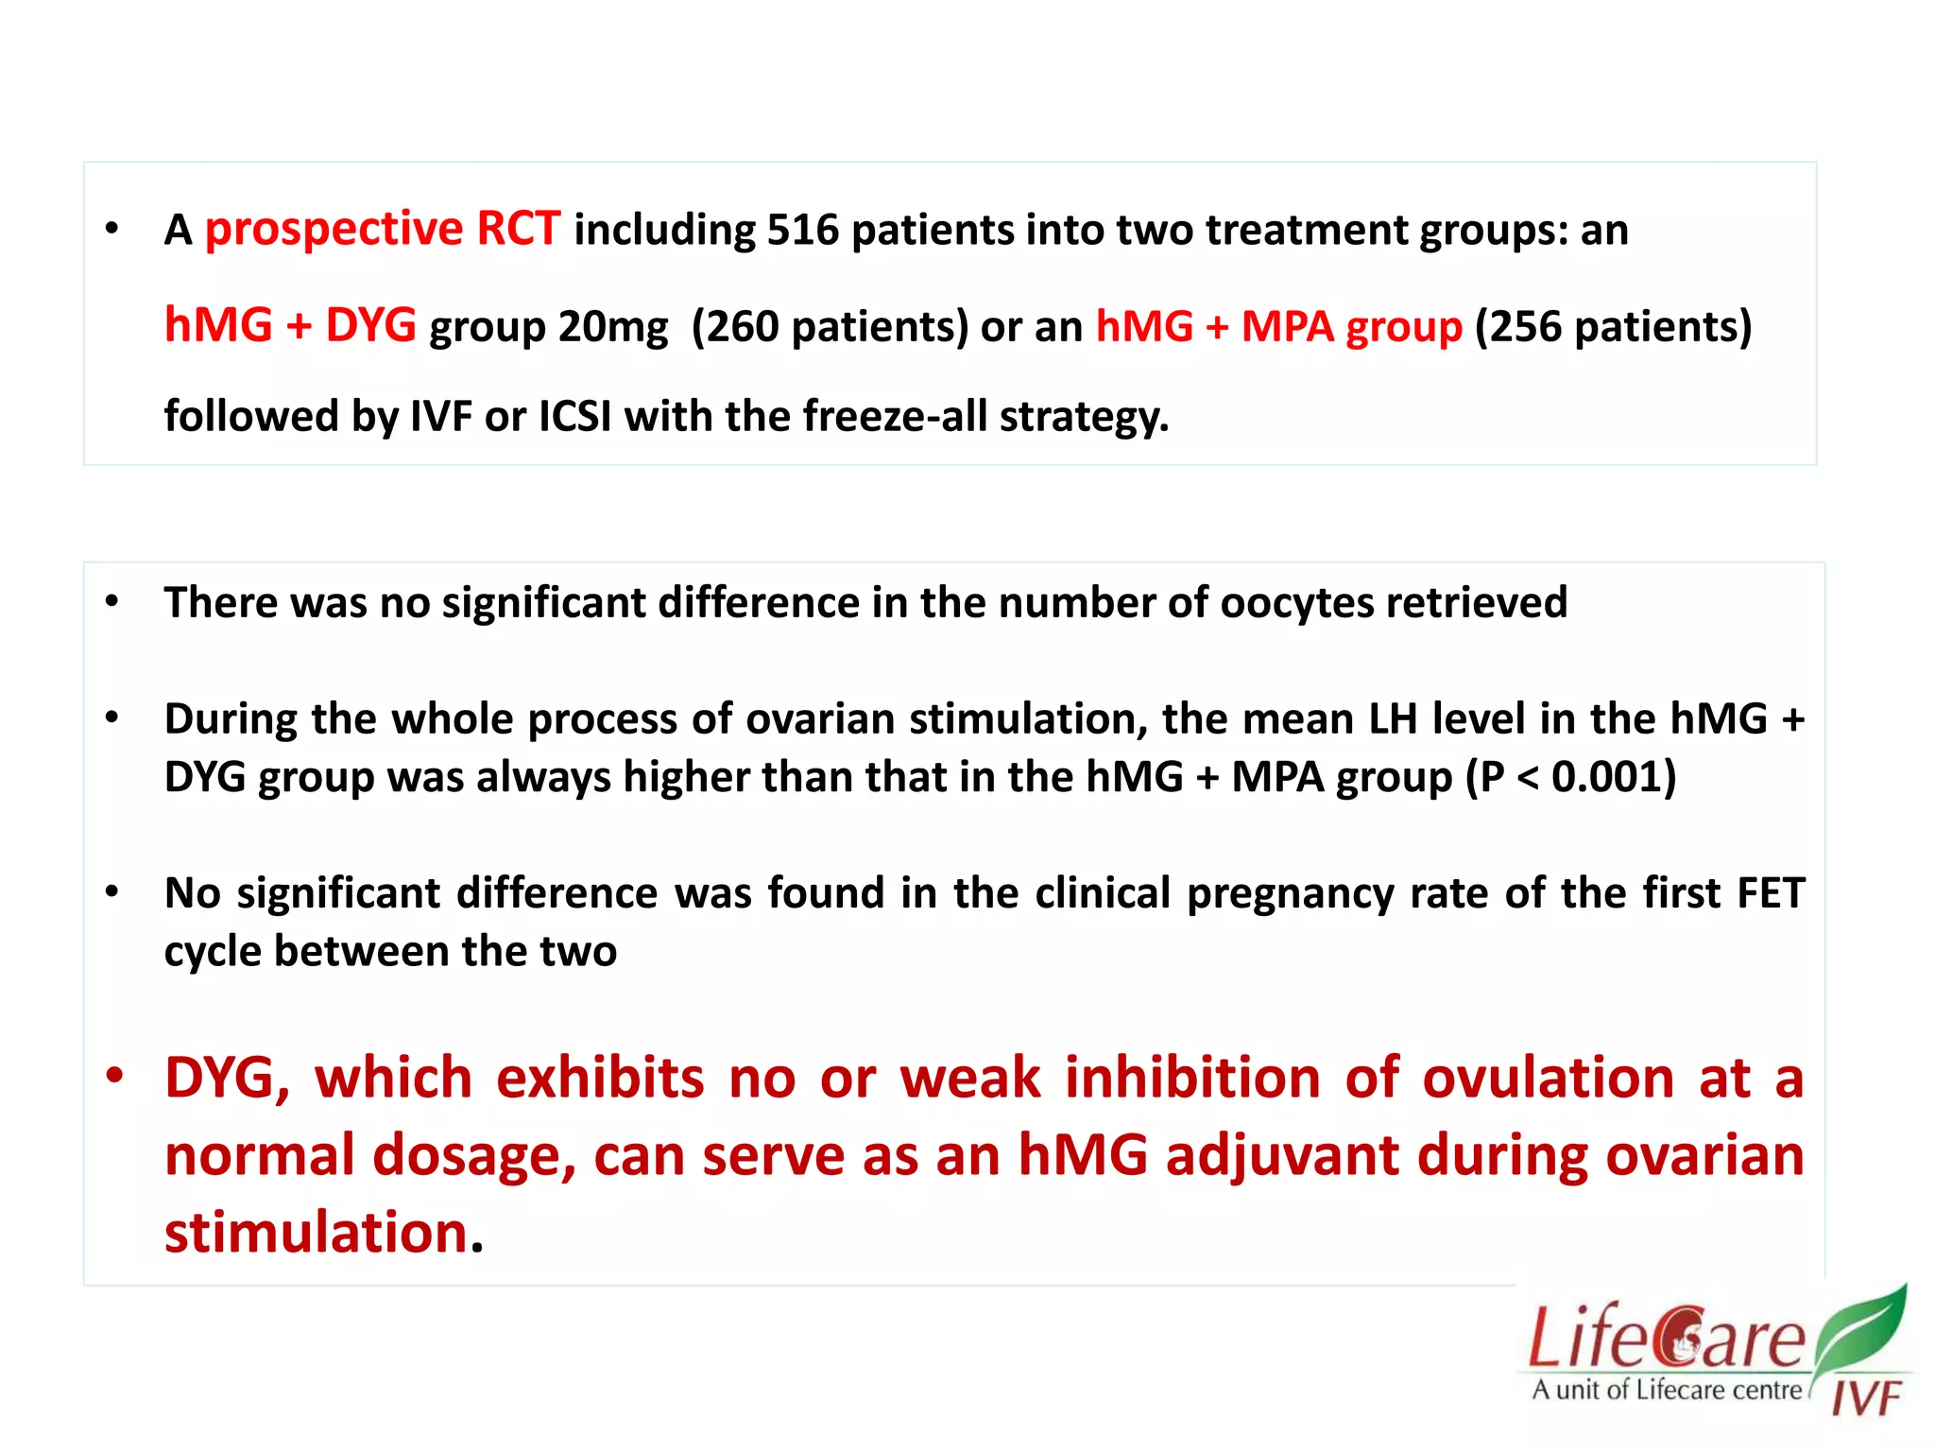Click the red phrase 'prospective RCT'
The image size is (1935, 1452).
coord(382,230)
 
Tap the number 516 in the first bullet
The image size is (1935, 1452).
coord(802,231)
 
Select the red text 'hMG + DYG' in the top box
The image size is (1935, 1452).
coord(290,325)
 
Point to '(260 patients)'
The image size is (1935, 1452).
coord(830,327)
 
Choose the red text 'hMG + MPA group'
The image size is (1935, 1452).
coord(1278,327)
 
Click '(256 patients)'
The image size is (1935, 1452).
coord(1613,327)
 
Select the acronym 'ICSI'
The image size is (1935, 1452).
coord(574,416)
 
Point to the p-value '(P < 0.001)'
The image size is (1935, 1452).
coord(1570,777)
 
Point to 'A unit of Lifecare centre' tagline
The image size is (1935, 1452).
coord(1667,1390)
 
